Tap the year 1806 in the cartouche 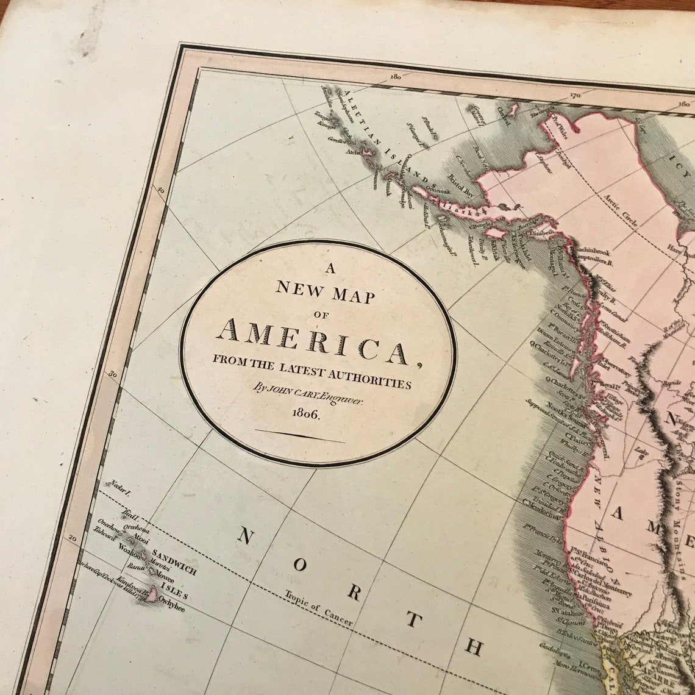pyautogui.click(x=306, y=413)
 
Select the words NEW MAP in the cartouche pyautogui.click(x=326, y=292)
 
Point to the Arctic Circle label pyautogui.click(x=620, y=211)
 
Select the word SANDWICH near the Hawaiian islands pyautogui.click(x=174, y=562)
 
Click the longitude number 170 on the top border pyautogui.click(x=574, y=95)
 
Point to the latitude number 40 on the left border pyautogui.click(x=161, y=191)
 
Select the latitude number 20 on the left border pyautogui.click(x=73, y=539)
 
